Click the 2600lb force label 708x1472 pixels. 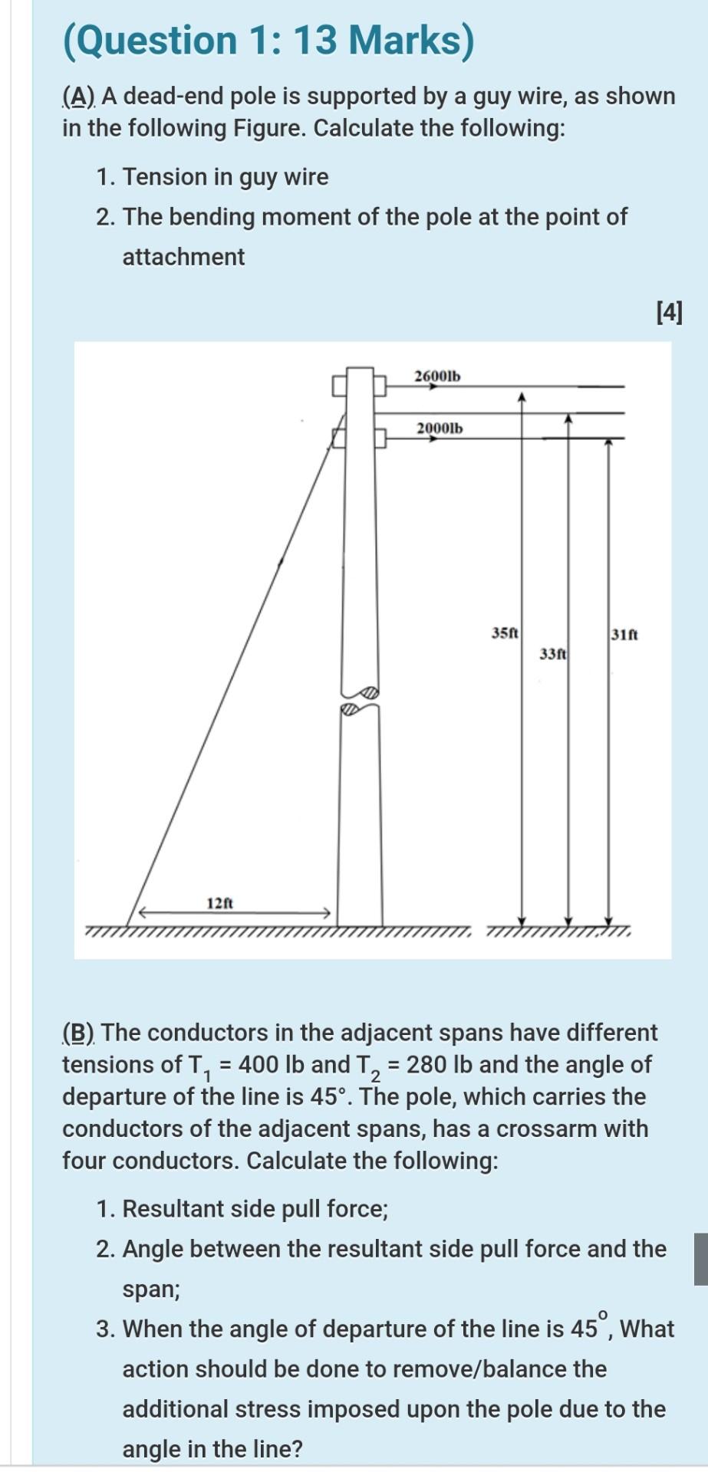pyautogui.click(x=437, y=376)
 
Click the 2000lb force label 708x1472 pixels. pyautogui.click(x=440, y=427)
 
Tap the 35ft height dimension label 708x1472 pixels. pyautogui.click(x=505, y=633)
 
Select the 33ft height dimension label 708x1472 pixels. pyautogui.click(x=553, y=654)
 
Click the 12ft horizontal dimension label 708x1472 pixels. pyautogui.click(x=220, y=902)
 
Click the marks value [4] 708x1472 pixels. pyautogui.click(x=669, y=312)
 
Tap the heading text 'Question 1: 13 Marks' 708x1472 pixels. pyautogui.click(x=268, y=40)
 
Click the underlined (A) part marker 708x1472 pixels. pyautogui.click(x=80, y=97)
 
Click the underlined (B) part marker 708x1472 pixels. pyautogui.click(x=79, y=1033)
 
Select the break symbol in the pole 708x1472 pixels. pyautogui.click(x=360, y=700)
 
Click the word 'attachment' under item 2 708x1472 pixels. pyautogui.click(x=183, y=257)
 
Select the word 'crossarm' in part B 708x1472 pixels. pyautogui.click(x=545, y=1129)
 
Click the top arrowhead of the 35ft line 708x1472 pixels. pyautogui.click(x=522, y=397)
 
